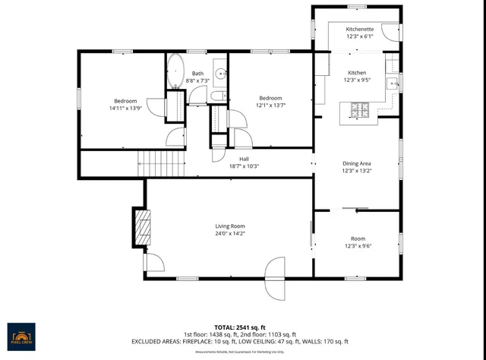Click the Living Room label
(x=229, y=226)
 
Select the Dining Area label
(x=356, y=163)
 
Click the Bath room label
(x=197, y=73)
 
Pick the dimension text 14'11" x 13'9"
(x=125, y=109)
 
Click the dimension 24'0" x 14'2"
(x=229, y=233)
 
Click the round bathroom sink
(x=219, y=74)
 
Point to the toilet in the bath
(x=217, y=96)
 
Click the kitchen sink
(x=393, y=84)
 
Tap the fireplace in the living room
(x=140, y=226)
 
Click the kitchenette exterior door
(x=390, y=31)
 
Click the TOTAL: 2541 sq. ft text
(x=241, y=325)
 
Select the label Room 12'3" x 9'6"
(x=356, y=242)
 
